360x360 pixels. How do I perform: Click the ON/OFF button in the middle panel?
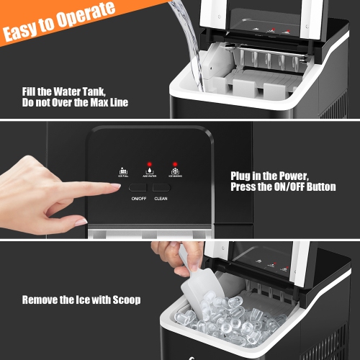click(138, 186)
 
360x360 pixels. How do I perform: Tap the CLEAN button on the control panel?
click(161, 186)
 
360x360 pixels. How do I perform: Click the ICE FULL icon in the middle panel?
click(122, 171)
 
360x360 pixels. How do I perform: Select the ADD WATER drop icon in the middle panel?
click(148, 171)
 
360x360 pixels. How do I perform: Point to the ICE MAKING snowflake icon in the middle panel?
click(174, 171)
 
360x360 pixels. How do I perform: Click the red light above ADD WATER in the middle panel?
click(148, 163)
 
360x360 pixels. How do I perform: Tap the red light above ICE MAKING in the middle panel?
click(174, 163)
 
